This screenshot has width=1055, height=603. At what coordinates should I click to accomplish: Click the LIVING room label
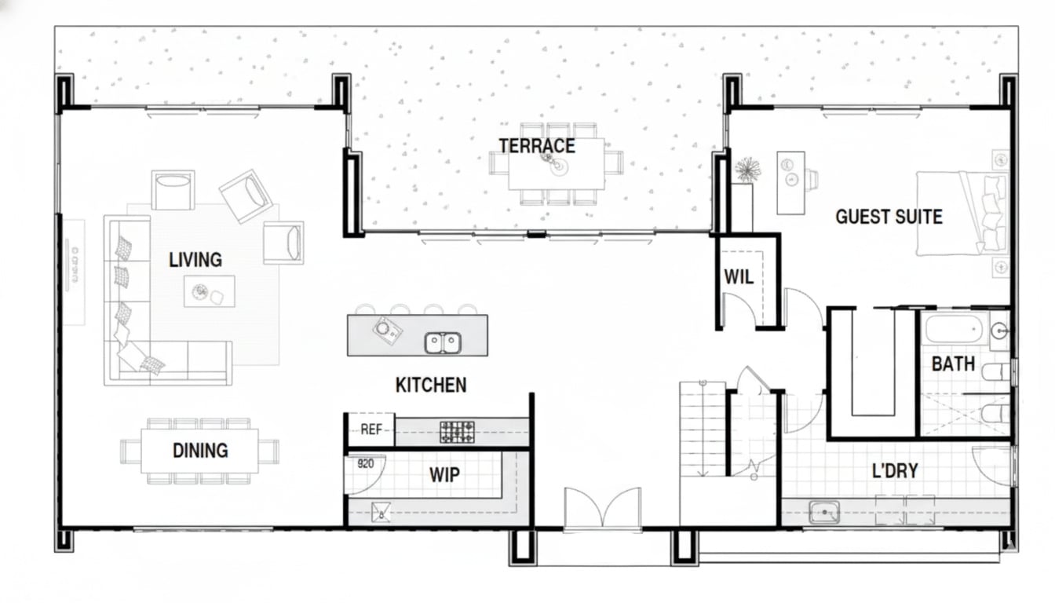tap(195, 260)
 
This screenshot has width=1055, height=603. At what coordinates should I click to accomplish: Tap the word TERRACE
tap(537, 146)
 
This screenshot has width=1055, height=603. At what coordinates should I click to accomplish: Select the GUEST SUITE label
tap(889, 217)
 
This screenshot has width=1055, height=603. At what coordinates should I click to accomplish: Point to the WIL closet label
tap(739, 277)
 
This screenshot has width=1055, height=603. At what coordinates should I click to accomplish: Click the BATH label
tap(953, 364)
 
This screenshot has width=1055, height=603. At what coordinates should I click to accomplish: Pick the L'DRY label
tap(895, 470)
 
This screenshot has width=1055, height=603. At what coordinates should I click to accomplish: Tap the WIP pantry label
tap(444, 475)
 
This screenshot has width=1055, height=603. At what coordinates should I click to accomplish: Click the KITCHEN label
tap(431, 386)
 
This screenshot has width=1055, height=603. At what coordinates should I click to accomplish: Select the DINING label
tap(200, 451)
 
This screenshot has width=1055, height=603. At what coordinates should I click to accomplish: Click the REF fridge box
tap(371, 429)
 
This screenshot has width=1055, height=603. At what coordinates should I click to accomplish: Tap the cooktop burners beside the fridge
tap(457, 432)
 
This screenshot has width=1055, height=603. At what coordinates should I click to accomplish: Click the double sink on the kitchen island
tap(443, 342)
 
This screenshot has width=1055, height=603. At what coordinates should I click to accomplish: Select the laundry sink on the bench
tap(824, 512)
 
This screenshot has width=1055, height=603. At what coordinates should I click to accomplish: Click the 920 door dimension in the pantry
tap(366, 463)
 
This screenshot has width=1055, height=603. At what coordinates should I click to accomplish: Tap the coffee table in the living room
tap(209, 291)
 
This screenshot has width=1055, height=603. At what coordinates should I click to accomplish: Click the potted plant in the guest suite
tap(747, 170)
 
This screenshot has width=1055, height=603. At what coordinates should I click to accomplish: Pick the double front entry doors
tap(602, 509)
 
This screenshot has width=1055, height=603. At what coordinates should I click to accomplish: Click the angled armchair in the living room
tap(246, 196)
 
